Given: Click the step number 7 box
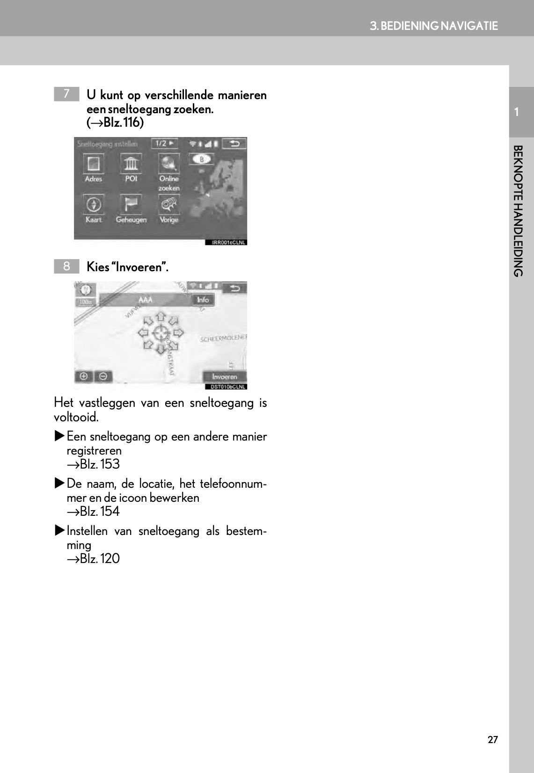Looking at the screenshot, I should coord(66,94).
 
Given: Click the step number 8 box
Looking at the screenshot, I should coord(66,266).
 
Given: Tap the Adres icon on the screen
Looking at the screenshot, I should coord(93,164).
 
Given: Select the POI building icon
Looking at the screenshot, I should coord(131,164).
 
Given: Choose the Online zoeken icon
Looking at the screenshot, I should coord(169,164).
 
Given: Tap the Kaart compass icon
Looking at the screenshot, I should coord(93,204).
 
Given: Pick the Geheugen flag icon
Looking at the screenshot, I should coord(131,204).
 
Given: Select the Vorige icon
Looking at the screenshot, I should coord(169,204).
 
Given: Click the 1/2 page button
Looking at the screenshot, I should coord(164,144).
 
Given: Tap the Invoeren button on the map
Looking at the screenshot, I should coord(225,376).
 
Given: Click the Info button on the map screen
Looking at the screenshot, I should coord(203,300).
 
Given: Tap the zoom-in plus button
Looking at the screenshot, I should coord(84,376).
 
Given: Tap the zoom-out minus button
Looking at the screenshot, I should coord(103,376).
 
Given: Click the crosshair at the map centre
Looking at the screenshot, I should coord(160,333).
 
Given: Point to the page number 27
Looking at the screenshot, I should coord(493,740).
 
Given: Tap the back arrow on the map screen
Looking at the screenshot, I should coord(235,288).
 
